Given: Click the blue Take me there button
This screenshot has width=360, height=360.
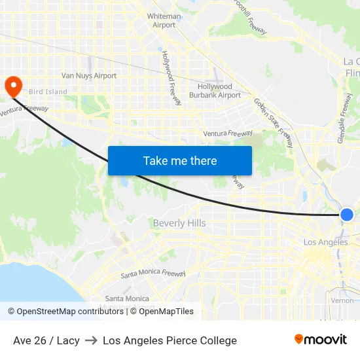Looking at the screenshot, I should point(180,160).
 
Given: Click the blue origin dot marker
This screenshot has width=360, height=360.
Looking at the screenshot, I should point(347,214).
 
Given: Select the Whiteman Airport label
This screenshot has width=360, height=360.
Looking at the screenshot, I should point(164,20).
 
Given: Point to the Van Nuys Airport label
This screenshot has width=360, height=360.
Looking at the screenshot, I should point(89,76).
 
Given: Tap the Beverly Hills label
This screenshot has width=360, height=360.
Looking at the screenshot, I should point(179,223).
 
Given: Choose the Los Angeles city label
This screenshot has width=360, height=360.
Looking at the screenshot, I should point(326,242).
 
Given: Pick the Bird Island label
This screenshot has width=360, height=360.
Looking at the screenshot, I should point(48,92).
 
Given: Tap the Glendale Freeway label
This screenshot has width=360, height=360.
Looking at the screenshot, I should point(345,118).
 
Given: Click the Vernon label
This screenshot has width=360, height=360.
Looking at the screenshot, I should point(342,300).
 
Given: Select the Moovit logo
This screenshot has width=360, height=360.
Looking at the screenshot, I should point(321,340).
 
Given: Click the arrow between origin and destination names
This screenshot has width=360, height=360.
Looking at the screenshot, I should point(91,340).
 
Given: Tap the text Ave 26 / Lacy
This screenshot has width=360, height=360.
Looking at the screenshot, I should point(46,340).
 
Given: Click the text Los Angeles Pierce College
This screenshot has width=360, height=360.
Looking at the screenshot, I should point(170,340).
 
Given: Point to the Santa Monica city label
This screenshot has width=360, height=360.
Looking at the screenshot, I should point(127,298).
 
